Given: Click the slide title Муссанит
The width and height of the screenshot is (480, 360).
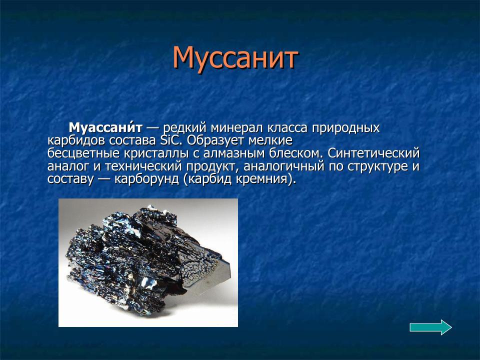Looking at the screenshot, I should pyautogui.click(x=235, y=58).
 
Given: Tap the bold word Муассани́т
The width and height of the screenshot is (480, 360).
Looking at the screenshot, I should pyautogui.click(x=106, y=128).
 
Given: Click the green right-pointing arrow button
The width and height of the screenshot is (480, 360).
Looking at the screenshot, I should pyautogui.click(x=430, y=327).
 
